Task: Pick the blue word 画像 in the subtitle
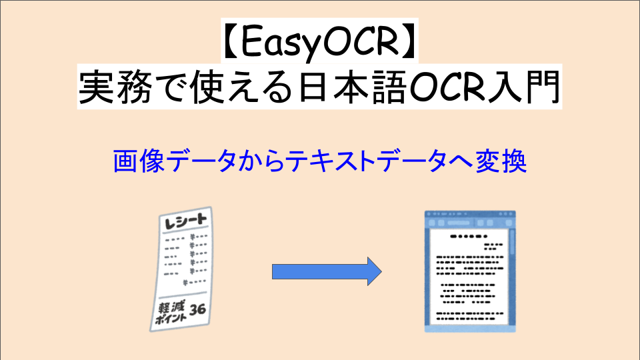pos(134,162)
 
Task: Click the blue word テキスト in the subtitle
pos(332,162)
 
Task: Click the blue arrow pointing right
pos(327,271)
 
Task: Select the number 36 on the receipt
pos(197,309)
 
